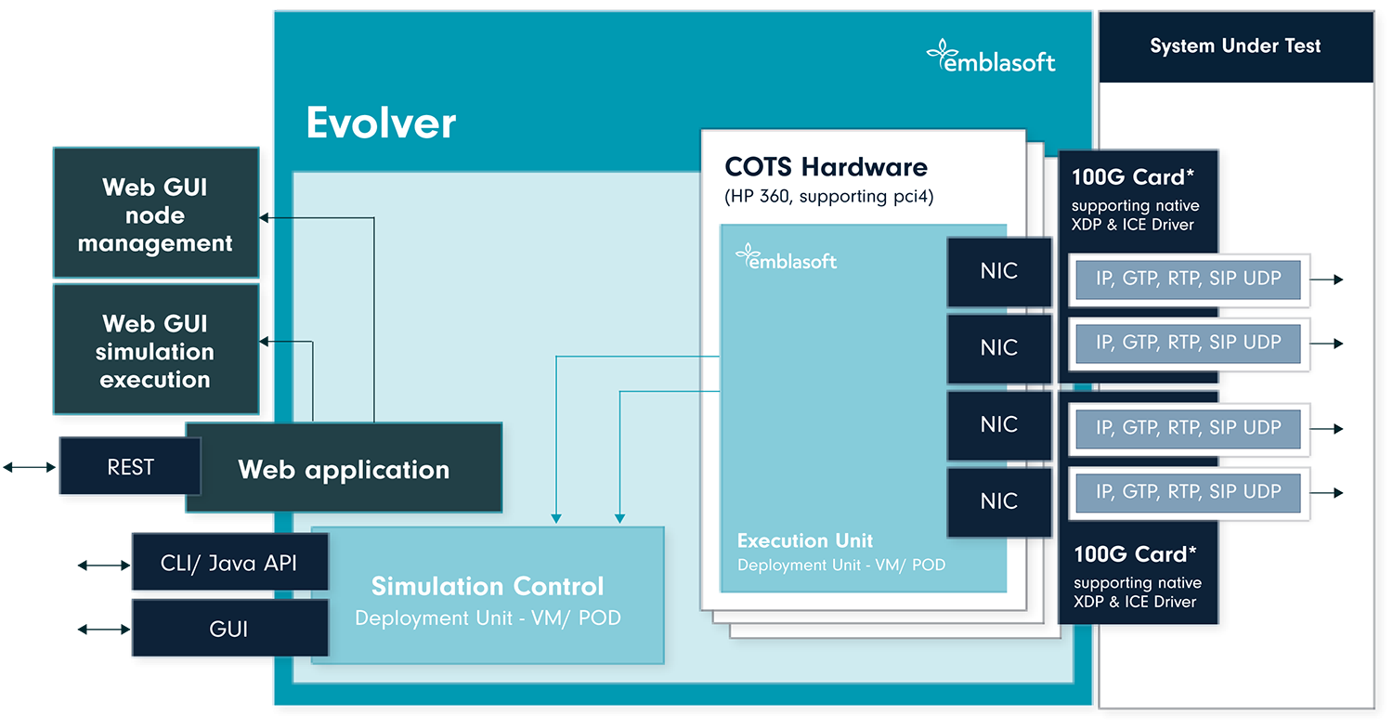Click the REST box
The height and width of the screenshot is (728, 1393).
(x=130, y=467)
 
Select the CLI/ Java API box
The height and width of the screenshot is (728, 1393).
(x=229, y=563)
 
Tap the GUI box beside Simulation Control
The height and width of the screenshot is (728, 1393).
(x=228, y=629)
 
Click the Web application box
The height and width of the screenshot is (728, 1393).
(x=344, y=469)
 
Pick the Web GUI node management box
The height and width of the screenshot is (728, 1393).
(x=155, y=214)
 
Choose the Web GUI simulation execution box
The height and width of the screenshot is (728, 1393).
(x=155, y=351)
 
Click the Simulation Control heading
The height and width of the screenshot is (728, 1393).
(x=488, y=586)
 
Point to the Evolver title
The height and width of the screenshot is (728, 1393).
(x=381, y=123)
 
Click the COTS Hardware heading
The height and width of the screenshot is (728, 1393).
(x=826, y=167)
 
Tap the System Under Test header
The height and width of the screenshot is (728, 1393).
(x=1234, y=45)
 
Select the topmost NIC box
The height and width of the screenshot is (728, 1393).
(x=999, y=271)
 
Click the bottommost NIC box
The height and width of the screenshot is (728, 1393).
(x=999, y=501)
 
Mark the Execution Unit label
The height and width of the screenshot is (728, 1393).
(x=805, y=540)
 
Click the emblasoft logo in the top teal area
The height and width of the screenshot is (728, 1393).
(x=991, y=57)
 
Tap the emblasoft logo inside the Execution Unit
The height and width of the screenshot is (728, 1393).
(x=786, y=258)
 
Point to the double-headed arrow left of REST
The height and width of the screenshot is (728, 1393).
(x=29, y=467)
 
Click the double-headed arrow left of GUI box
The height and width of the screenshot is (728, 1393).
(x=103, y=630)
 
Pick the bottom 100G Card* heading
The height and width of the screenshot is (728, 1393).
(x=1135, y=554)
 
